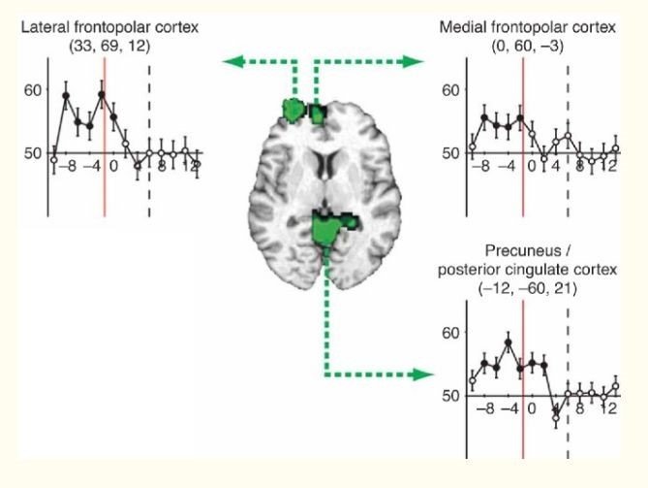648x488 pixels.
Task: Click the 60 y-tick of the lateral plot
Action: (x=33, y=89)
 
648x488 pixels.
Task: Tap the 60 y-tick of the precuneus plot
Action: (x=448, y=333)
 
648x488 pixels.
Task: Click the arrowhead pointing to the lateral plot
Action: (x=231, y=62)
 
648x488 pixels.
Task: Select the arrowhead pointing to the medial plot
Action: (x=417, y=62)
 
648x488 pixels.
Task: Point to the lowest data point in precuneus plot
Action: (x=556, y=418)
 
